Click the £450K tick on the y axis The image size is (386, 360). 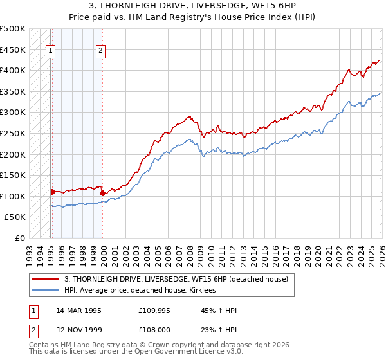tap(14, 50)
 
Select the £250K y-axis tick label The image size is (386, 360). tap(14, 133)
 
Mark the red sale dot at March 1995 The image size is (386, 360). tap(52, 192)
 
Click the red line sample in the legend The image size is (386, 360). tap(46, 279)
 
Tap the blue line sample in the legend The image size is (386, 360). tap(46, 290)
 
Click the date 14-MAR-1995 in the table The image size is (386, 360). tap(78, 310)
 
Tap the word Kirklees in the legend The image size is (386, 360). tap(201, 290)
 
